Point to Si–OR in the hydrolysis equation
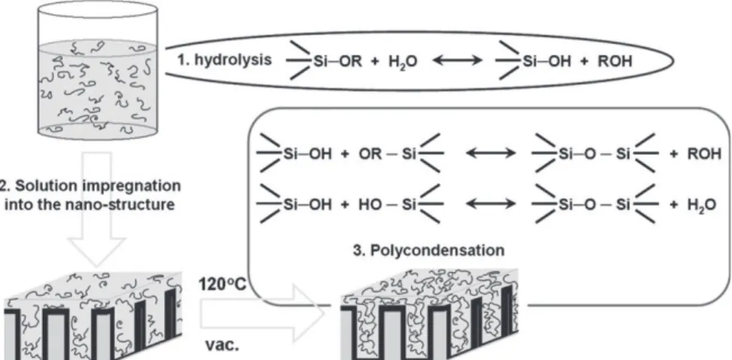coord(337,62)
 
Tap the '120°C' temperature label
coord(222,283)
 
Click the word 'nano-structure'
coord(122,205)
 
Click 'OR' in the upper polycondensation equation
coord(368,153)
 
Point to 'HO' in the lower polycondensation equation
coord(368,205)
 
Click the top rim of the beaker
coord(97,9)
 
